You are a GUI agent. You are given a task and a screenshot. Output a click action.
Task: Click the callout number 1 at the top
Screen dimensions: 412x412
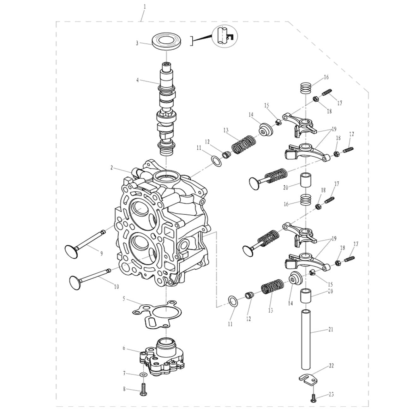click(x=145, y=7)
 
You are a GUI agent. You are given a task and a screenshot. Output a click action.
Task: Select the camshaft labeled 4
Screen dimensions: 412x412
click(x=167, y=109)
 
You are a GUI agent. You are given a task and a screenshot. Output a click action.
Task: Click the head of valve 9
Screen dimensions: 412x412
click(x=71, y=252)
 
